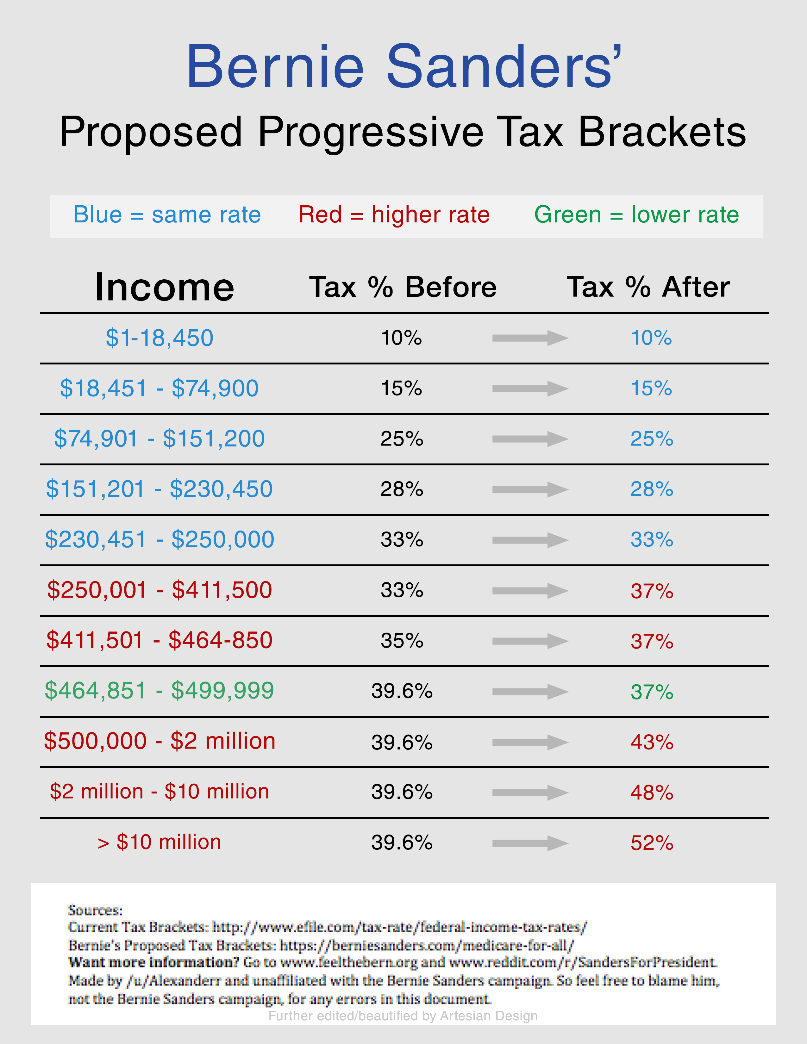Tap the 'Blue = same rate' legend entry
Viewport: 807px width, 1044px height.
tap(167, 214)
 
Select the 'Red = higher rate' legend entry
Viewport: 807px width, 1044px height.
tap(394, 214)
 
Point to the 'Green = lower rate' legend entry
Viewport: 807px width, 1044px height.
tap(636, 214)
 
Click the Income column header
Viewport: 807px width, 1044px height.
tap(165, 287)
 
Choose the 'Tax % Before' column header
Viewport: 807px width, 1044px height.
tap(403, 287)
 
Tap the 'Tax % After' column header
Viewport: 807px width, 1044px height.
tap(648, 287)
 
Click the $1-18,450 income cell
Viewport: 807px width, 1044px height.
tap(159, 338)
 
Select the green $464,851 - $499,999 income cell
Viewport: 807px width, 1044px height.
tap(159, 691)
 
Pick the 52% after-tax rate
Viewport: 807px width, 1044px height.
tap(652, 843)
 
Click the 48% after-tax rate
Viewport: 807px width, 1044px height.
tap(652, 792)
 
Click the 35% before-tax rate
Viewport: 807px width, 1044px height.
tap(402, 641)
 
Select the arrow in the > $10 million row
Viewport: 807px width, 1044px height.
tap(530, 843)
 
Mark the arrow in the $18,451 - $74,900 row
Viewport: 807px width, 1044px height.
tap(530, 388)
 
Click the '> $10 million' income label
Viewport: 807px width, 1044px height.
tap(159, 842)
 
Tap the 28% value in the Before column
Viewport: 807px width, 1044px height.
tap(402, 489)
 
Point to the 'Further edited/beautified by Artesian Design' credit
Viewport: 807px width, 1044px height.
tap(403, 1016)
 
